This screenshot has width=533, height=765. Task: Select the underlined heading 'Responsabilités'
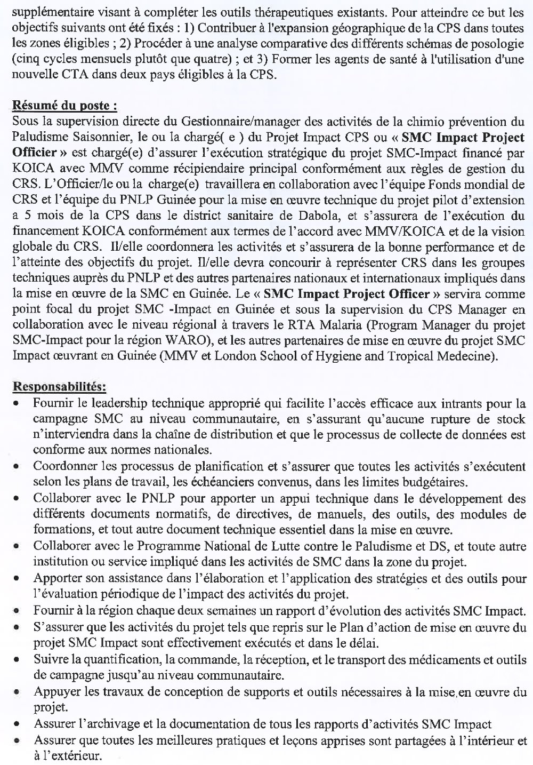click(x=59, y=385)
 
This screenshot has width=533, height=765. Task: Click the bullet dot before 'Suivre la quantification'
click(x=18, y=661)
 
